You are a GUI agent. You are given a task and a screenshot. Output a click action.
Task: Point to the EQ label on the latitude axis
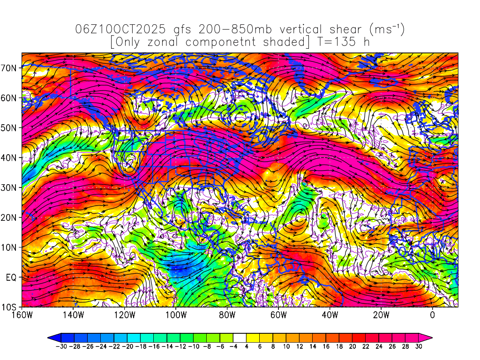11,277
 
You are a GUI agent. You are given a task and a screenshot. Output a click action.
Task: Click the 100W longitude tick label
175,315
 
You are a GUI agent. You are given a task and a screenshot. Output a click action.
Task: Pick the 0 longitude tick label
432,315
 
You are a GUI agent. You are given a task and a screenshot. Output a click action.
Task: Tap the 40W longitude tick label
330,315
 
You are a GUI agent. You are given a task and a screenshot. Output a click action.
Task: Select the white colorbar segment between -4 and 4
240,337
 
